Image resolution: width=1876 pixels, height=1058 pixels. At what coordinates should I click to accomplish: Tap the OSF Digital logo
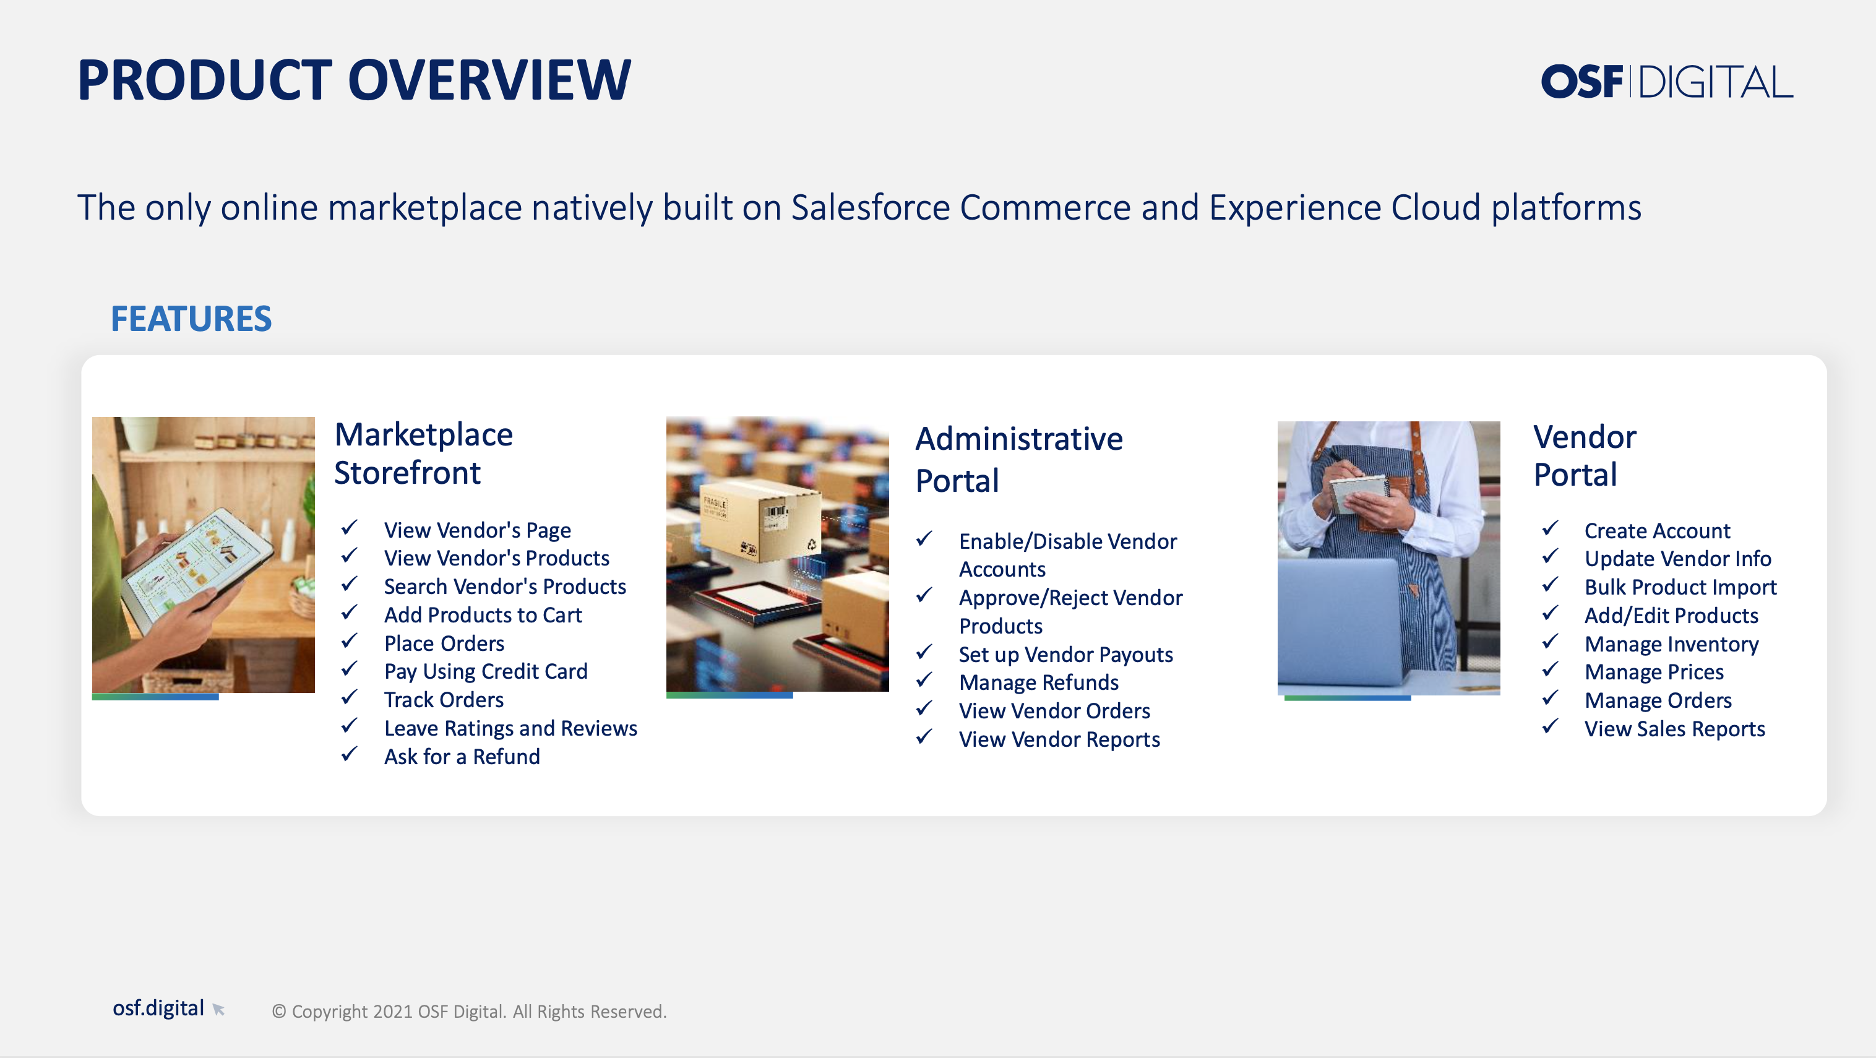[1666, 81]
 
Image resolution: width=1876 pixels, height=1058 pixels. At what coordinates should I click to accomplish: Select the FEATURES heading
[191, 319]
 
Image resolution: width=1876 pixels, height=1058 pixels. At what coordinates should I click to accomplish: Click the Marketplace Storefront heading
[423, 453]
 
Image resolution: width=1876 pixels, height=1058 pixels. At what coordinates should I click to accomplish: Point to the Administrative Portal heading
[1019, 460]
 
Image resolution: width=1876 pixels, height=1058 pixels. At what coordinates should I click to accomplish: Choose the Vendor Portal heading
[1585, 455]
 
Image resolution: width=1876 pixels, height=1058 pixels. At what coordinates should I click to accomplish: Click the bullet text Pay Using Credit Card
[486, 671]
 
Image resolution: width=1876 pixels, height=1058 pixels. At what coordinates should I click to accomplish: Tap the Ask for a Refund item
[462, 757]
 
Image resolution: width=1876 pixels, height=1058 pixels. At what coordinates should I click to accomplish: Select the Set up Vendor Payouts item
[1065, 655]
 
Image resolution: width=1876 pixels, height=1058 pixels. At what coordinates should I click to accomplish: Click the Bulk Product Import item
[1680, 587]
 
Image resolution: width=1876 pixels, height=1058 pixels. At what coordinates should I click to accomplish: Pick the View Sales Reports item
[1674, 729]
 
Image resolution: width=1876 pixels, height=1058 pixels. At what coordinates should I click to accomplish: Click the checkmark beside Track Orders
[350, 697]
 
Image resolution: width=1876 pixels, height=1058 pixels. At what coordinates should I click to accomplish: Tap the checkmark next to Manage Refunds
[924, 680]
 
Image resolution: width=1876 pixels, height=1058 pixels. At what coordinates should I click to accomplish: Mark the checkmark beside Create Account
[1550, 528]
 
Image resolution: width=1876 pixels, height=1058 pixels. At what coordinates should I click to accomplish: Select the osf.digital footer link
[158, 1008]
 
